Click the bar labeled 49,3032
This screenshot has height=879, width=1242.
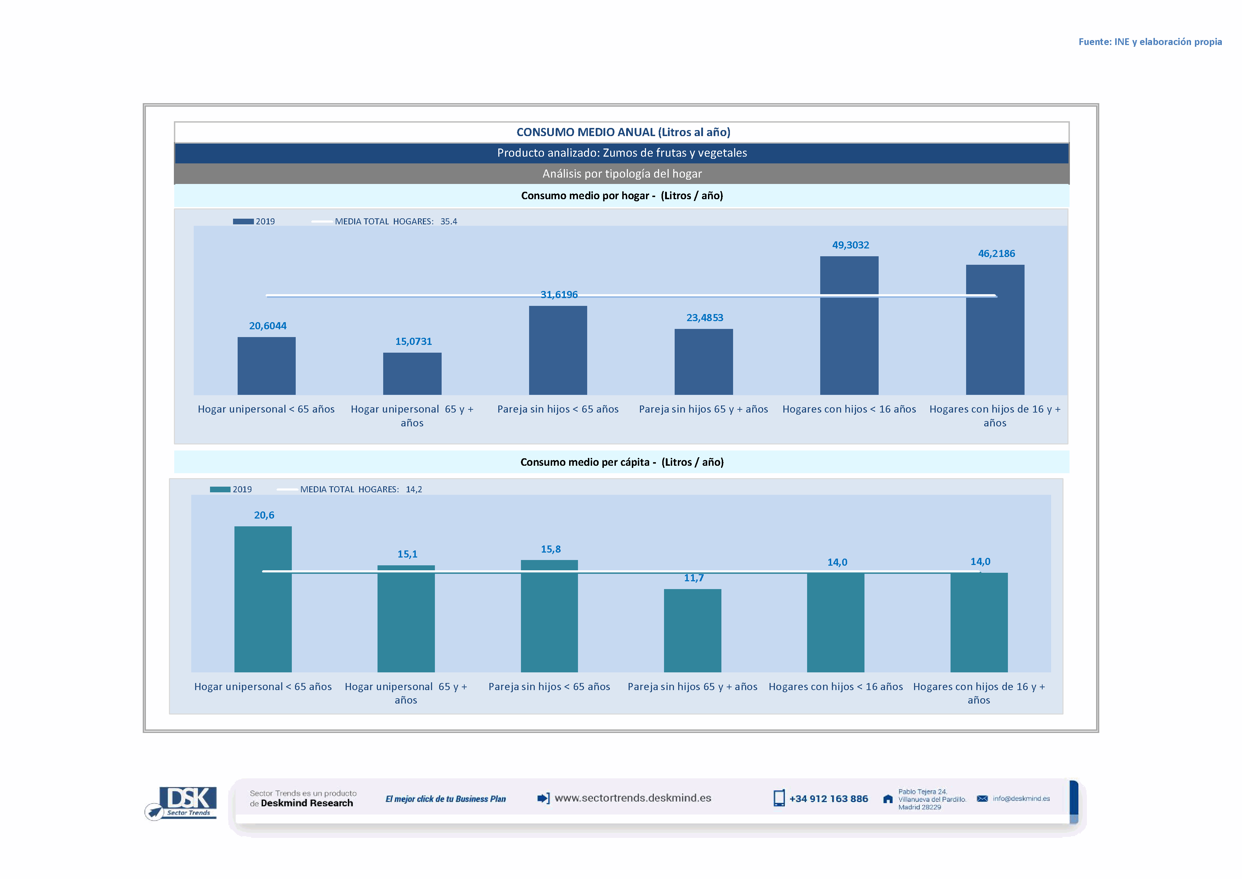[x=849, y=325]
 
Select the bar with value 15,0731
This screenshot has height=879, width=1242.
[x=412, y=374]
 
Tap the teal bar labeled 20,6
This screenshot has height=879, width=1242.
[x=263, y=599]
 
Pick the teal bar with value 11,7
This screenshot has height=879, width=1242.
[x=692, y=630]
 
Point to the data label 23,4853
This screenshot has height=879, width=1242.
[x=704, y=318]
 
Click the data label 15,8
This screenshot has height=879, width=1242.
[x=551, y=549]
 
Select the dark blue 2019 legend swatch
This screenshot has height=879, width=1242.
[x=243, y=222]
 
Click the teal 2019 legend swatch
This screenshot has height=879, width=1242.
[x=220, y=489]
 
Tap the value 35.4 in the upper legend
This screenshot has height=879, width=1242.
[x=448, y=222]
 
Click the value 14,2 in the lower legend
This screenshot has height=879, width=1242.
[x=414, y=489]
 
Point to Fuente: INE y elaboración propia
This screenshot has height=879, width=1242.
[x=1150, y=42]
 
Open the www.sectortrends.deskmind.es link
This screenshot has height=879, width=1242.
[x=633, y=798]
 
